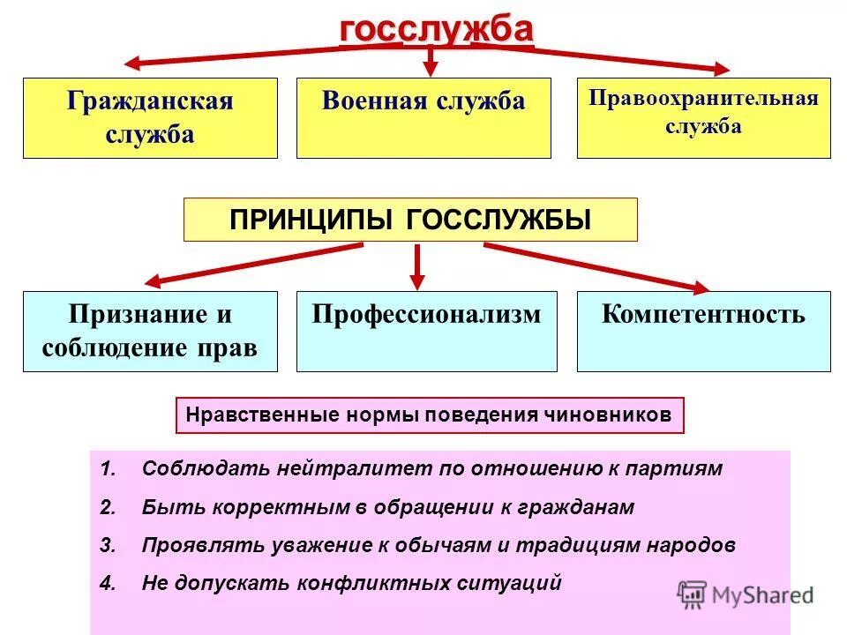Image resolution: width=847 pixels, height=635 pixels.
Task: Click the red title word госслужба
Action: (x=437, y=28)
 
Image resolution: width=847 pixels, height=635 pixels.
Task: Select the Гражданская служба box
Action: (x=150, y=118)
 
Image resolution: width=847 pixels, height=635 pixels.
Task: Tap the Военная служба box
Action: (x=423, y=118)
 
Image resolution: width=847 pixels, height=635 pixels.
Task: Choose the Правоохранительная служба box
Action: (x=703, y=118)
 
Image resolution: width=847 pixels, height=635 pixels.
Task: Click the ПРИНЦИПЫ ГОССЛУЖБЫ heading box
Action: (x=409, y=220)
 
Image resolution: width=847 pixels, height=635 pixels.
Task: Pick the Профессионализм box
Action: (x=426, y=331)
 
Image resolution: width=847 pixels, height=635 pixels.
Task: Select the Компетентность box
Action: (x=703, y=331)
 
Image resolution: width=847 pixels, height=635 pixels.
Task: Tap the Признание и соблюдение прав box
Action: (x=150, y=331)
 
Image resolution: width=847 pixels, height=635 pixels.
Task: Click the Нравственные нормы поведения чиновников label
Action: (x=430, y=415)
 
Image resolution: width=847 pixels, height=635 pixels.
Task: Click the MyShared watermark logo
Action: (x=746, y=594)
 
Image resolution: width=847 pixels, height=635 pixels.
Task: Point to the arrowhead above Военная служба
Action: (x=431, y=67)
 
